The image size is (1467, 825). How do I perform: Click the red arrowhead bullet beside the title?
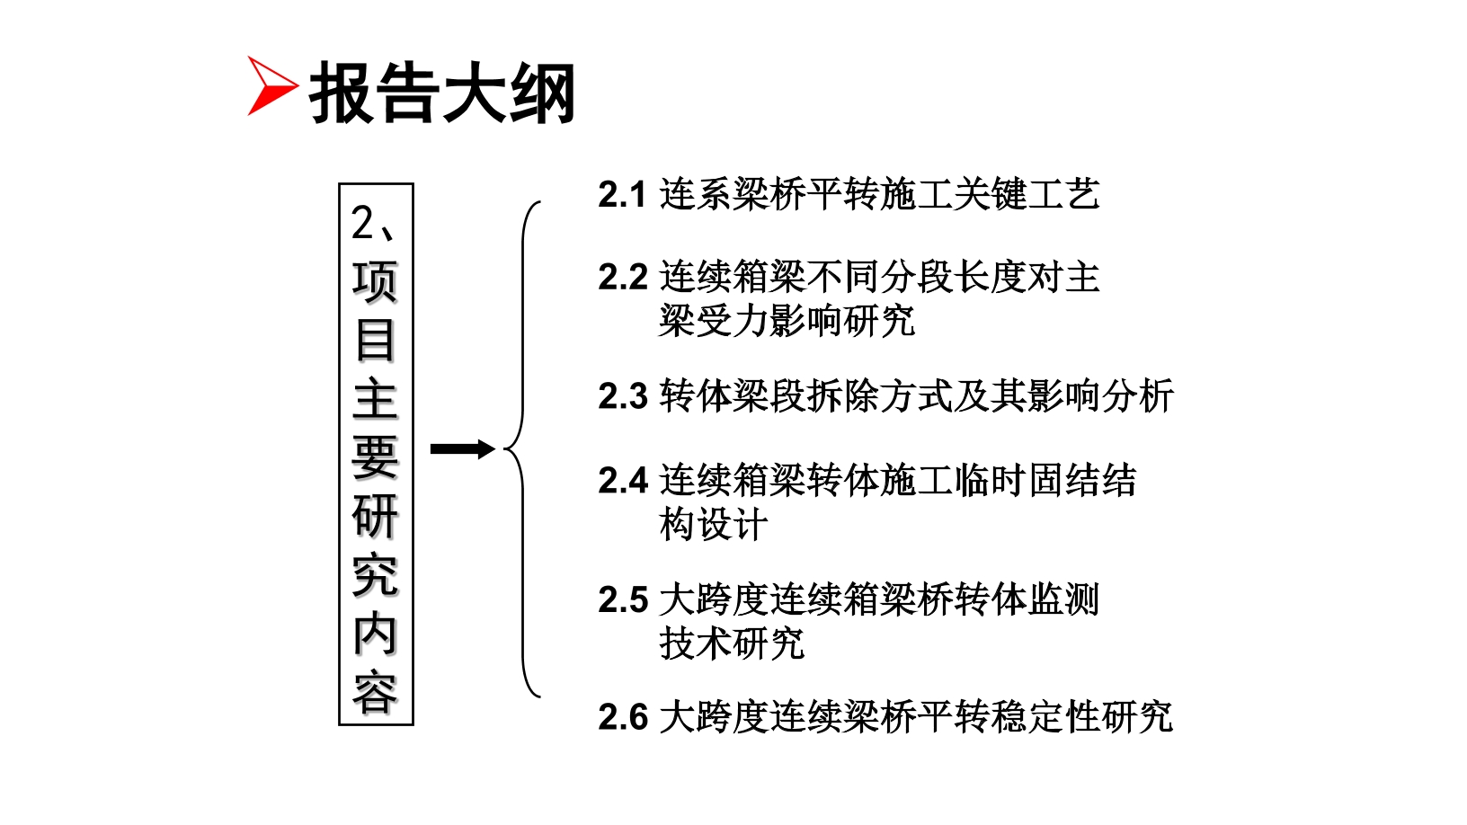(x=269, y=85)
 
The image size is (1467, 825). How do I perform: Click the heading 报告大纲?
(x=442, y=93)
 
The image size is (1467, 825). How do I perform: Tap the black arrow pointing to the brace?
(x=462, y=449)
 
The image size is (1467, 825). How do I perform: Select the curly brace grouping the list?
(x=522, y=449)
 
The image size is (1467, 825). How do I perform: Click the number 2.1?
(x=622, y=195)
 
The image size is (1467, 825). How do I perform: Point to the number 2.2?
(x=622, y=278)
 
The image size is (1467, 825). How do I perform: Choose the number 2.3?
(x=622, y=397)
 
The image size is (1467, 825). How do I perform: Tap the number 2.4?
(x=622, y=482)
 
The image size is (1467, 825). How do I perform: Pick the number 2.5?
(x=622, y=599)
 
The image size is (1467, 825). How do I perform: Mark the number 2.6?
(x=622, y=718)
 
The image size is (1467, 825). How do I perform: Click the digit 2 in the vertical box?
(x=362, y=222)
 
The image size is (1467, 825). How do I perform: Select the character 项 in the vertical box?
(x=375, y=282)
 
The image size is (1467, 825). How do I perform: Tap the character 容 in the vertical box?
(x=375, y=691)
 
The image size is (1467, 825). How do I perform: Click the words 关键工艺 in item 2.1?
(x=1027, y=194)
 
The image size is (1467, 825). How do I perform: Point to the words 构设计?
(x=713, y=525)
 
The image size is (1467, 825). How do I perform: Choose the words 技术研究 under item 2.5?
(x=732, y=643)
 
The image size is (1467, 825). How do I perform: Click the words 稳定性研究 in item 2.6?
(x=1081, y=717)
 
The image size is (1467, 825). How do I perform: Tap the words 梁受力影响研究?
(x=787, y=321)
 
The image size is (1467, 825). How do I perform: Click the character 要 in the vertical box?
(x=375, y=457)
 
